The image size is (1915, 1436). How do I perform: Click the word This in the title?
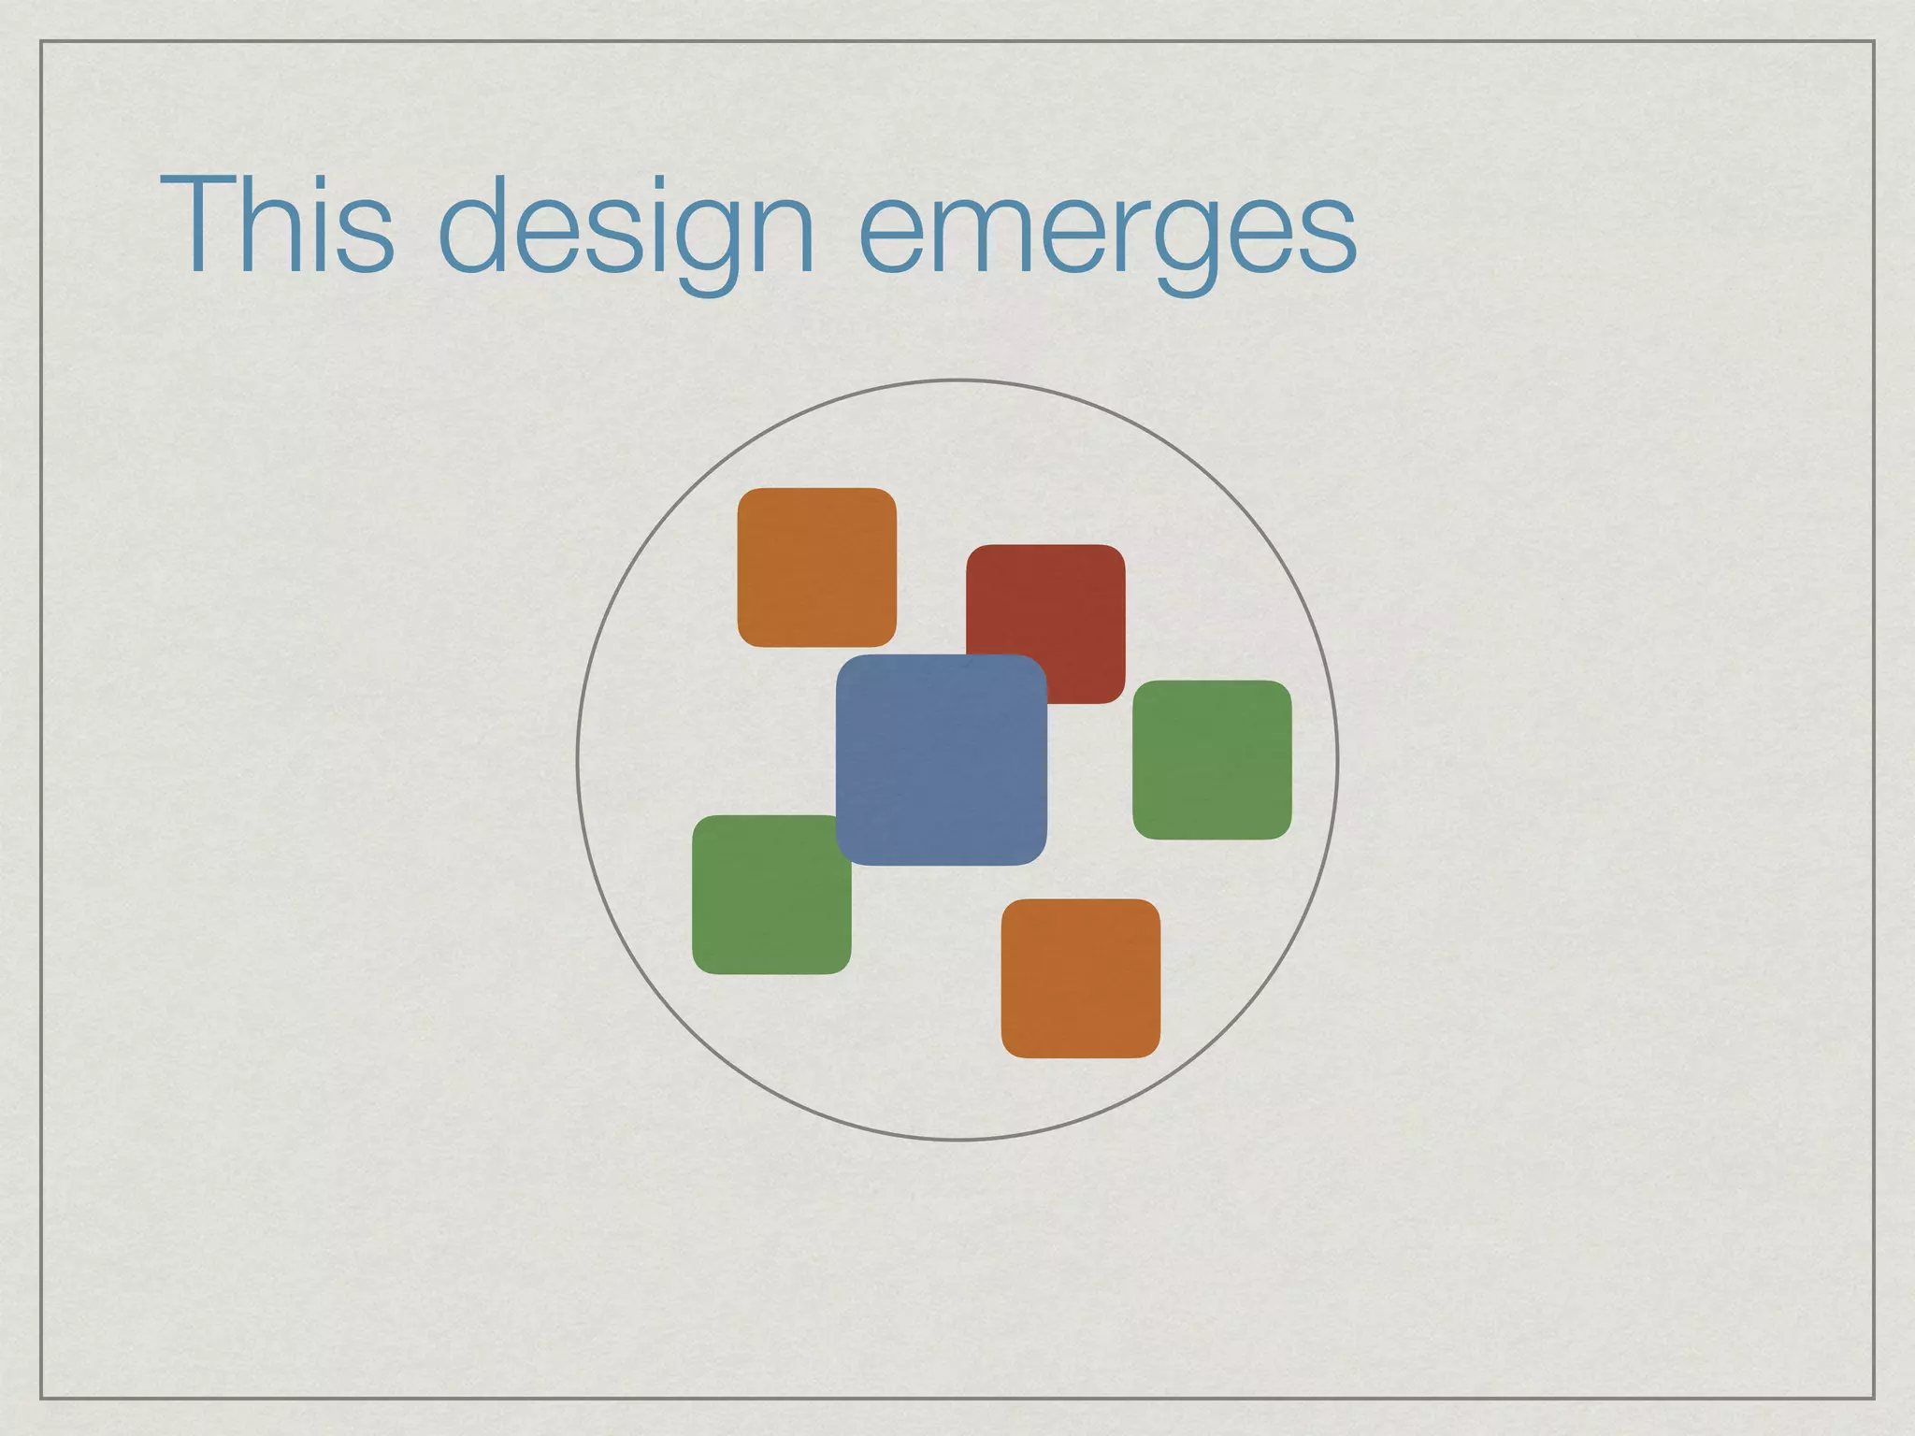pos(277,225)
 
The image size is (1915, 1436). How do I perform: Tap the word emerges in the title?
pos(1107,229)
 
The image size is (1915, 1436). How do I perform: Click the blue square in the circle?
pos(941,760)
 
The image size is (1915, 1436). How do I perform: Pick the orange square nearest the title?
pos(816,567)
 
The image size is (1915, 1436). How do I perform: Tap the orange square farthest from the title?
pos(1080,978)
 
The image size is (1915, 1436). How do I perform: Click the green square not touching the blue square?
pos(1212,759)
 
